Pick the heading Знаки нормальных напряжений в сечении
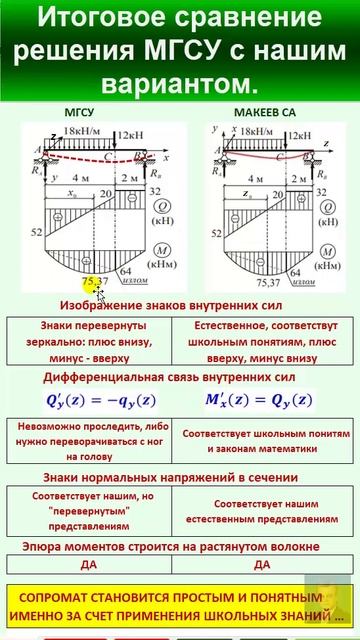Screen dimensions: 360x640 pyautogui.click(x=179, y=477)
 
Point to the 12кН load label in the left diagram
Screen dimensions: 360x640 pyautogui.click(x=131, y=132)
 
